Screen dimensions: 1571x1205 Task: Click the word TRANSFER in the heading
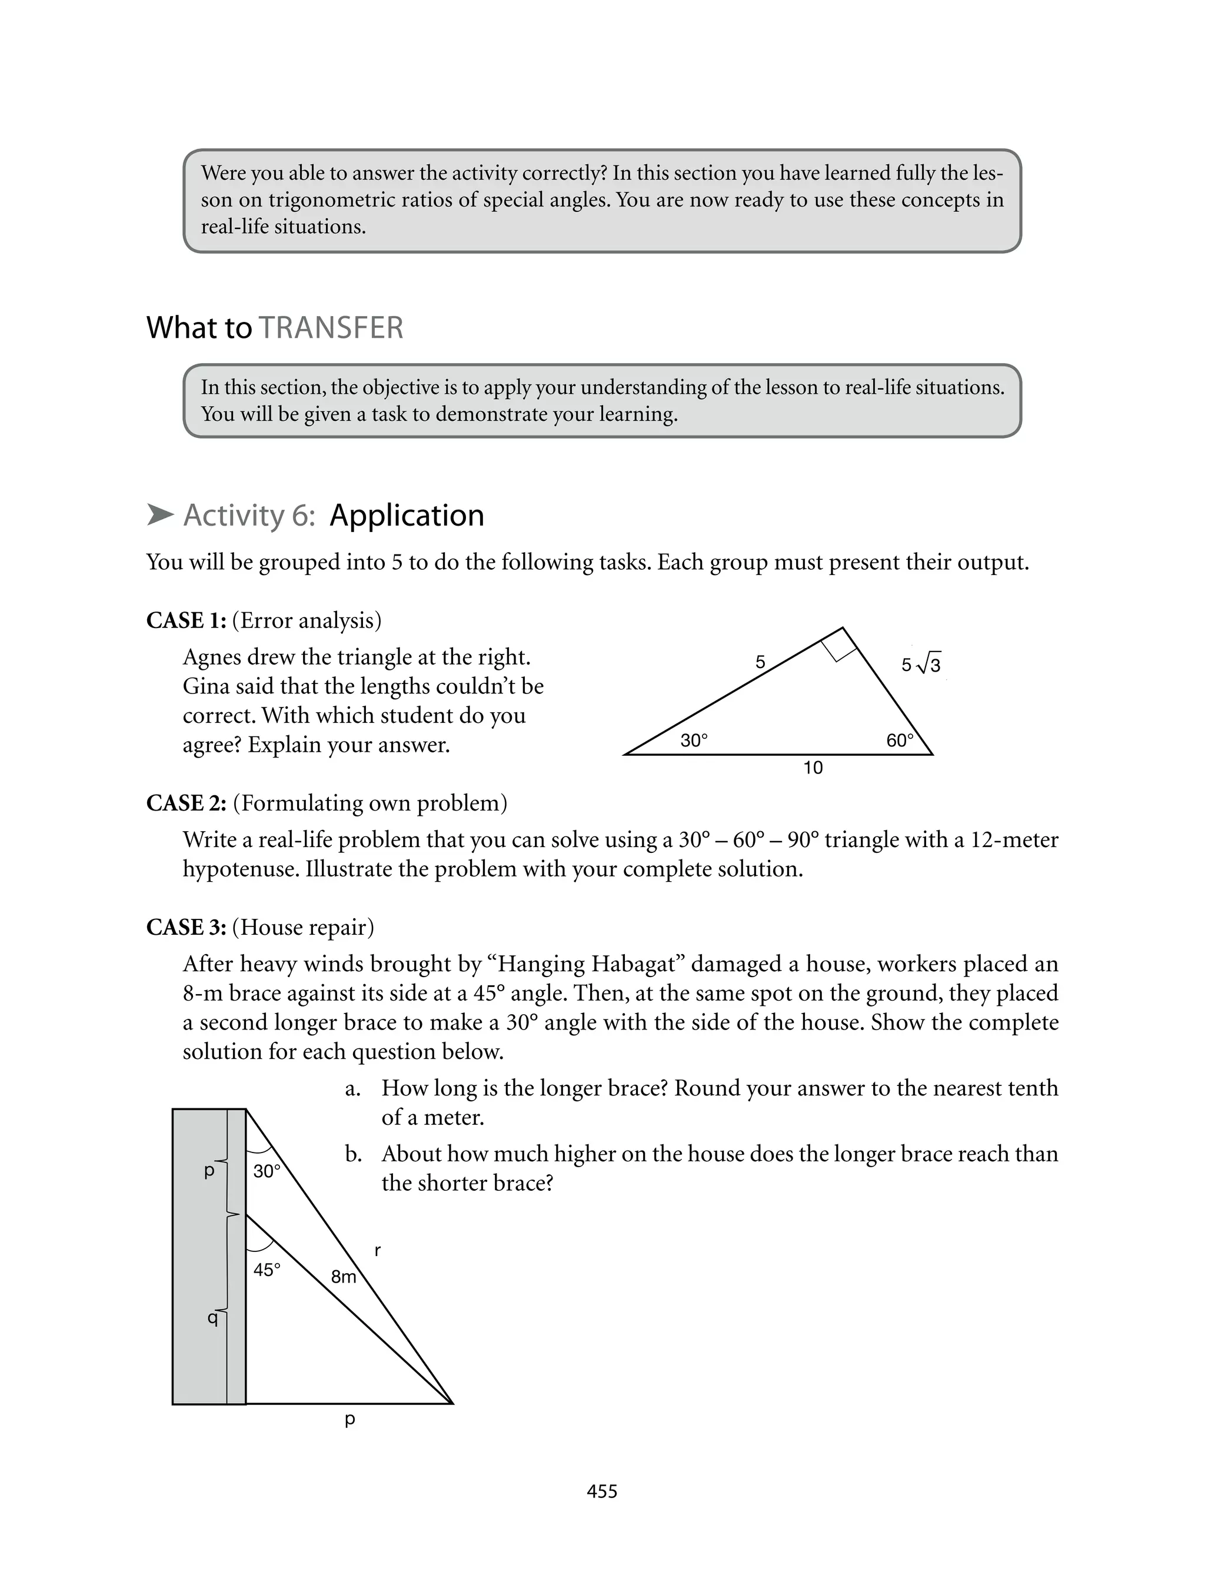331,328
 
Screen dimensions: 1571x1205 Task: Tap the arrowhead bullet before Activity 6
160,515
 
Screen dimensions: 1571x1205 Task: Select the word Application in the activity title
407,515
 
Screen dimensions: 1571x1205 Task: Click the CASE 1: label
187,620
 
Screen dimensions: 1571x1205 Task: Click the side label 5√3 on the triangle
921,665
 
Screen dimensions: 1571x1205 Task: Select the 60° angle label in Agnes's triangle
900,740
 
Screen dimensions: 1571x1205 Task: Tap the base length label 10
813,768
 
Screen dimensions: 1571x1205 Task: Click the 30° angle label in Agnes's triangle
694,740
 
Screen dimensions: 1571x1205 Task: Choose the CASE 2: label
187,803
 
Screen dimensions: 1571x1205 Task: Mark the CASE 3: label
187,928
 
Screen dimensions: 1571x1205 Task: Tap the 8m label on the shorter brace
344,1277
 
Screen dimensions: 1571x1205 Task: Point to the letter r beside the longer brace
377,1251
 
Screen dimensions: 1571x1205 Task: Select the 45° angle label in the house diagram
267,1270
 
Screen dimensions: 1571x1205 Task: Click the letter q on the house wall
212,1317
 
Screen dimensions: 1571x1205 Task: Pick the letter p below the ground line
350,1419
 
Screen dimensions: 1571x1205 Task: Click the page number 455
602,1492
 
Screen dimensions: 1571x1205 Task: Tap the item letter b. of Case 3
352,1154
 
